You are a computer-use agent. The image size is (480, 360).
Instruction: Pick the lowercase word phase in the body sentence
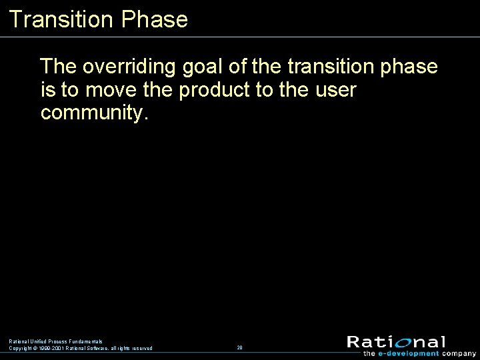(x=410, y=67)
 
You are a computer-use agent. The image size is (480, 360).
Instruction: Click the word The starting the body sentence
(x=59, y=67)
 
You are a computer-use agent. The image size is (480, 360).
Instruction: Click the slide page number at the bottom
(x=239, y=348)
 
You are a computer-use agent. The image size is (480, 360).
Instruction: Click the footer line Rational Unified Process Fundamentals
(x=55, y=341)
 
